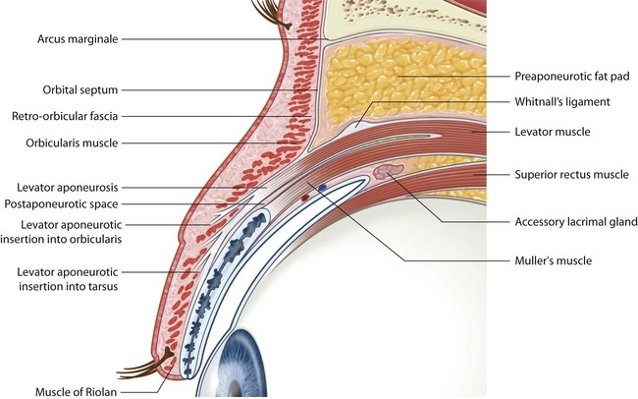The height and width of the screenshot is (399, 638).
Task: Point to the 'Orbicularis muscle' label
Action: pos(75,142)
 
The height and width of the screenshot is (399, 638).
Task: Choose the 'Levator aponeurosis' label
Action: pos(69,186)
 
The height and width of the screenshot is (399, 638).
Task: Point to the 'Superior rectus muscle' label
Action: pos(571,175)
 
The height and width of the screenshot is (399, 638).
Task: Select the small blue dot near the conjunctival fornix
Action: pos(322,188)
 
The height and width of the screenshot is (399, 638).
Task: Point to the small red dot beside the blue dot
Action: pos(304,198)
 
